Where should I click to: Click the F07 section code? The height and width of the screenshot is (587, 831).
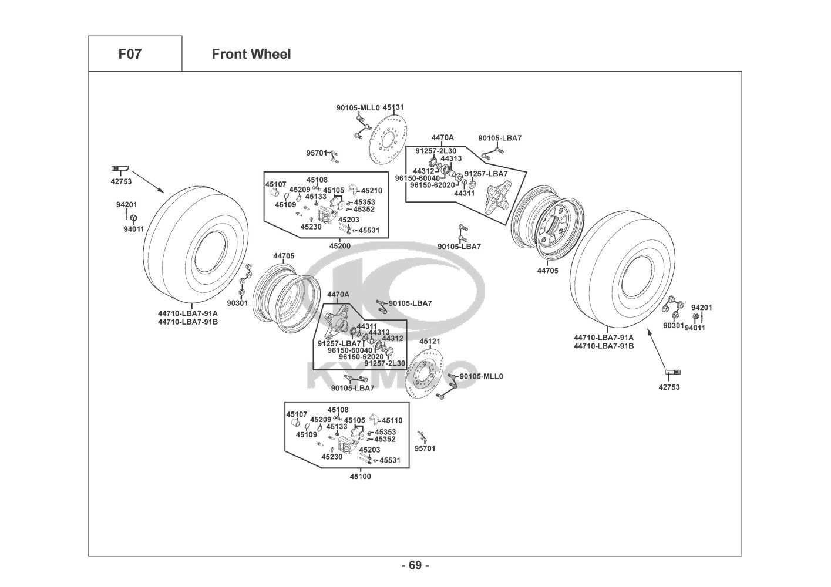point(130,55)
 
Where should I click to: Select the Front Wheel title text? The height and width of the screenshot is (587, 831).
point(251,55)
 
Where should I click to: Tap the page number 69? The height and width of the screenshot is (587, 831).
point(415,565)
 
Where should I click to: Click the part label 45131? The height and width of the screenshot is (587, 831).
point(393,108)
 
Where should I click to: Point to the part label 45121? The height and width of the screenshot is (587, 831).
point(430,341)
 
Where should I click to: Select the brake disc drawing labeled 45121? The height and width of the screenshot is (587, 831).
point(429,375)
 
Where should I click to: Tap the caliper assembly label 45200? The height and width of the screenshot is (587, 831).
point(340,246)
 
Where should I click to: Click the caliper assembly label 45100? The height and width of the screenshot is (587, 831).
point(360,477)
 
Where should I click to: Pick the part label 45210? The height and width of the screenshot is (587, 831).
point(371,191)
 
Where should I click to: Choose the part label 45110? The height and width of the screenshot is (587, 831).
point(392,420)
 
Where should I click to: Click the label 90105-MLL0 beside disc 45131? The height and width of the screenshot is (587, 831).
point(358,108)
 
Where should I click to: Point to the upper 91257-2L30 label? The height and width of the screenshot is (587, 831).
point(436,151)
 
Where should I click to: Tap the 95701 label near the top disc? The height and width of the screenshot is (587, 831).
point(317,153)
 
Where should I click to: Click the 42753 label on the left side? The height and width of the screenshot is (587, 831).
point(121,181)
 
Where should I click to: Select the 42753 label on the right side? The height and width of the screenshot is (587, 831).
point(669,387)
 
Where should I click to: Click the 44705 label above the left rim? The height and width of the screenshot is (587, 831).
point(284,256)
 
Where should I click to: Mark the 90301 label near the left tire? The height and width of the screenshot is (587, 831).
point(237,303)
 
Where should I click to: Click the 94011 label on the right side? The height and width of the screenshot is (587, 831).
point(695,328)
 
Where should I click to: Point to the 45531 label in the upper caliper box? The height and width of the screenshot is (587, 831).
point(369,231)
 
